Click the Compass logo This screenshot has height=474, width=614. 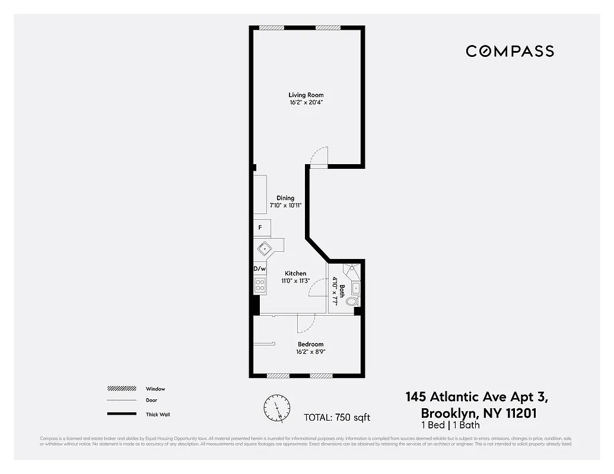pos(510,52)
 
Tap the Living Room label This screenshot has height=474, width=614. pos(306,95)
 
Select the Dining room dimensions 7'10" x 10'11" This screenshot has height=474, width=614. pos(286,205)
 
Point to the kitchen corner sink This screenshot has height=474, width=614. pos(264,248)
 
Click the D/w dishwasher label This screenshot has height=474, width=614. pos(259,268)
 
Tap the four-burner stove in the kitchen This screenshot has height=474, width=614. pos(260,286)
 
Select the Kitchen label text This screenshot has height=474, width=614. pos(295,273)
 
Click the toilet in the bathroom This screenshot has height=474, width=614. pos(352,302)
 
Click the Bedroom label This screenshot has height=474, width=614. pos(310,344)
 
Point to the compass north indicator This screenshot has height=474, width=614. pos(277,408)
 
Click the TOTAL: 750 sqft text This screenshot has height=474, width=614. pos(336,417)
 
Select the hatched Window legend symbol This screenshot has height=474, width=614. pos(122,389)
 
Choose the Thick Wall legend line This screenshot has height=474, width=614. pos(122,414)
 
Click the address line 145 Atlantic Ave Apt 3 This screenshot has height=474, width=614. pos(481,396)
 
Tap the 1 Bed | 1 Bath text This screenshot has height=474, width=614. pos(451,425)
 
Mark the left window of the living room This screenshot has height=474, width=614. pos(272,27)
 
